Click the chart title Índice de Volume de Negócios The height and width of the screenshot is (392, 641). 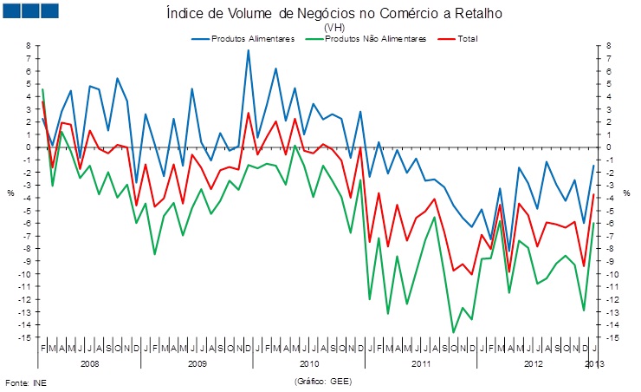333,14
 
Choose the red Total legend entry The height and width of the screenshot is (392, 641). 466,39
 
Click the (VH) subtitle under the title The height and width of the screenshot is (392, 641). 333,28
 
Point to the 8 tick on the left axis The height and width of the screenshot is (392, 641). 29,46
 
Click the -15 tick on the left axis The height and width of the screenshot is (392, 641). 26,337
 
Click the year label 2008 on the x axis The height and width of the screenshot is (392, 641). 90,364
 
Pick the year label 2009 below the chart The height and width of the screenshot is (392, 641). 197,364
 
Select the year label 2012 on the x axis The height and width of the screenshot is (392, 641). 534,364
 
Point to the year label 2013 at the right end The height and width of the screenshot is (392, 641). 594,364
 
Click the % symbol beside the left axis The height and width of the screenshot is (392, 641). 11,193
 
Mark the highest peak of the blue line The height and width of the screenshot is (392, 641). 249,50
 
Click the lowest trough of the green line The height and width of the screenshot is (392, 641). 454,332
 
